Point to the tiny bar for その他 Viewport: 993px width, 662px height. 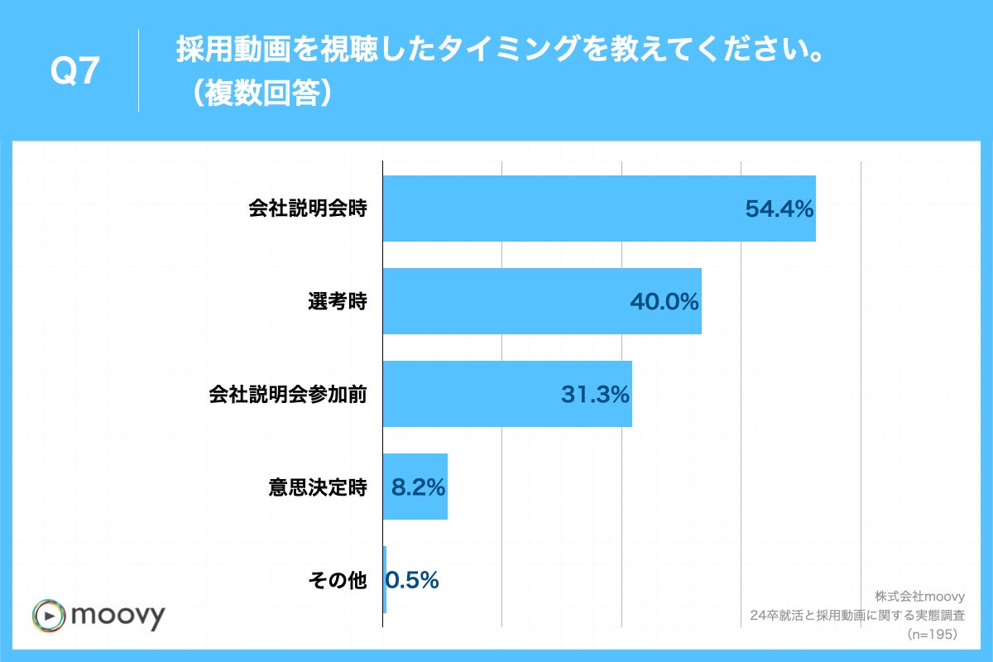pyautogui.click(x=385, y=579)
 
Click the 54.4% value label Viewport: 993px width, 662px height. pyautogui.click(x=780, y=209)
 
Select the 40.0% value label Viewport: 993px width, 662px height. pyautogui.click(x=664, y=302)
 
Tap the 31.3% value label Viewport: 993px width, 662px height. pyautogui.click(x=595, y=395)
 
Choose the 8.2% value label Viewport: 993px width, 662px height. pyautogui.click(x=418, y=487)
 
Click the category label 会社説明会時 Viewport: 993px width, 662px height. pyautogui.click(x=308, y=209)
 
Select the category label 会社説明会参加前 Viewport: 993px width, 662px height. pyautogui.click(x=287, y=395)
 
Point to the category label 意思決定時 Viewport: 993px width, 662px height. pyautogui.click(x=318, y=487)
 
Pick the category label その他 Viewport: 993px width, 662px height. pyautogui.click(x=337, y=580)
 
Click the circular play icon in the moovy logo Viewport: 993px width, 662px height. pyautogui.click(x=49, y=616)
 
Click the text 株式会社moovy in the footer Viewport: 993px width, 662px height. pyautogui.click(x=916, y=596)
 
